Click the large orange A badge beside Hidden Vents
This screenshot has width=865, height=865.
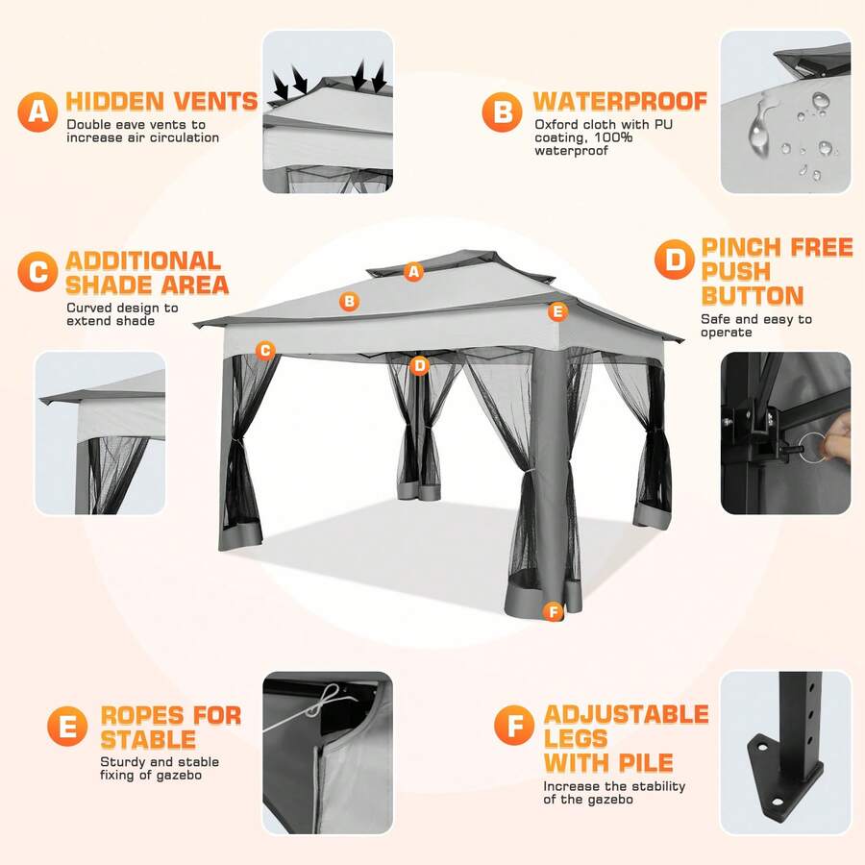tap(37, 112)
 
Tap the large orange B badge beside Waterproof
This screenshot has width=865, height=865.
tap(502, 112)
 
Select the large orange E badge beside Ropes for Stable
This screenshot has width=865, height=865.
tap(67, 726)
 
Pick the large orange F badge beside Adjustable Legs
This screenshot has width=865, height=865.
tap(514, 725)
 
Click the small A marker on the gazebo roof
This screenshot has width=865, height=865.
tap(413, 271)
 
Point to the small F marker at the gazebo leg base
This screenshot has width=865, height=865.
tap(553, 611)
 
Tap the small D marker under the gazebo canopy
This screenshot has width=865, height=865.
tap(420, 365)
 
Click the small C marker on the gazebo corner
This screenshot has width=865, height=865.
tap(265, 350)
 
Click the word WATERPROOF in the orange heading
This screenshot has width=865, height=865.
tap(620, 101)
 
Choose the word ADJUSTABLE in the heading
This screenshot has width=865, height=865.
tap(626, 714)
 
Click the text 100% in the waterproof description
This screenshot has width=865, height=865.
tap(613, 137)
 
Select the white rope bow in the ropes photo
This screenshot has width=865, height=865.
tap(326, 701)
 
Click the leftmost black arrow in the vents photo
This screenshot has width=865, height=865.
tap(281, 86)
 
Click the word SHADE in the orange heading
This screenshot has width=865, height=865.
tap(110, 284)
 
